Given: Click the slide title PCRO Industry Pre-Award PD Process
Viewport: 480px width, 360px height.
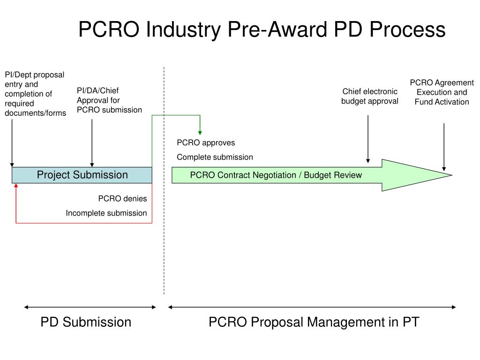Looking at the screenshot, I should click(x=262, y=30).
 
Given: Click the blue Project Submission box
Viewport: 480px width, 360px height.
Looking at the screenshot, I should click(x=82, y=175).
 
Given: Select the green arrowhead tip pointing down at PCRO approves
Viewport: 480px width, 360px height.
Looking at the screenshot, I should click(x=200, y=132).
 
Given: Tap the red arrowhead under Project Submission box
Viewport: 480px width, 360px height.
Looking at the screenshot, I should click(x=16, y=186).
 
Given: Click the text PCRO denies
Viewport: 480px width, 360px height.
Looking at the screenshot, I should click(x=122, y=199).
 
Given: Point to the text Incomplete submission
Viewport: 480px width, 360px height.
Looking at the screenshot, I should click(x=106, y=213).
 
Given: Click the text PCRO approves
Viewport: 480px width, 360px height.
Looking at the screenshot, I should click(x=206, y=142).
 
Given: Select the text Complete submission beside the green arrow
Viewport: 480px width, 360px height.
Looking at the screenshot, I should click(x=215, y=157).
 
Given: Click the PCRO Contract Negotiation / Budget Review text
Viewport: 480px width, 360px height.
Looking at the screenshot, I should click(x=276, y=175).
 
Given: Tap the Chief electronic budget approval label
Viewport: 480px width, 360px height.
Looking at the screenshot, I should click(x=370, y=96).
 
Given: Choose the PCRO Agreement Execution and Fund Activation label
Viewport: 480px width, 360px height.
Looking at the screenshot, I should click(x=442, y=92).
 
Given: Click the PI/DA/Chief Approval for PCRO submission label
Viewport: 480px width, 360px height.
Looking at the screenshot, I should click(x=109, y=100).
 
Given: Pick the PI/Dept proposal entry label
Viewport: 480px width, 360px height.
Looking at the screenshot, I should click(x=35, y=94).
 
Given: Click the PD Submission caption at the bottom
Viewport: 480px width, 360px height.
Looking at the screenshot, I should click(x=86, y=322).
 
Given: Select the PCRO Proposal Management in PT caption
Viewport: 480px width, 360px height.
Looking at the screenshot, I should click(x=314, y=322).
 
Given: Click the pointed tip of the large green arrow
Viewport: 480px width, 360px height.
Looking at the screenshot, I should click(x=451, y=175).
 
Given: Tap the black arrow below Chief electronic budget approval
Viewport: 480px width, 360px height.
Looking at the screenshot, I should click(x=368, y=138).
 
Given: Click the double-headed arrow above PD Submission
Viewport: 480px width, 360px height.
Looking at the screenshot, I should click(x=90, y=307).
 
